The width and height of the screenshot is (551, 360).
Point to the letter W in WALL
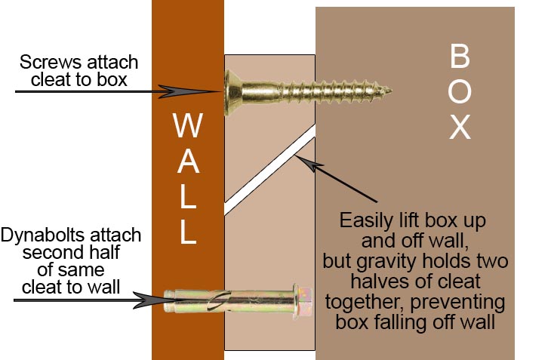pyautogui.click(x=188, y=125)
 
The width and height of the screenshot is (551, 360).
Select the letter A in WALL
pyautogui.click(x=189, y=162)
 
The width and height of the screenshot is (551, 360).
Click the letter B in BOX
pyautogui.click(x=460, y=56)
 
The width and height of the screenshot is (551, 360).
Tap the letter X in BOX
pyautogui.click(x=460, y=128)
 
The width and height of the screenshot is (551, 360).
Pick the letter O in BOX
pyautogui.click(x=460, y=91)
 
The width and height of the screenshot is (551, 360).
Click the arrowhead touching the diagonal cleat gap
pyautogui.click(x=305, y=162)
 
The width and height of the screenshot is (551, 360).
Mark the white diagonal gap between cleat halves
pyautogui.click(x=269, y=170)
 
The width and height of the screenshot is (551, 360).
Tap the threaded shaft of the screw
pyautogui.click(x=334, y=91)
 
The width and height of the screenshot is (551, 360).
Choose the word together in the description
pyautogui.click(x=363, y=303)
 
